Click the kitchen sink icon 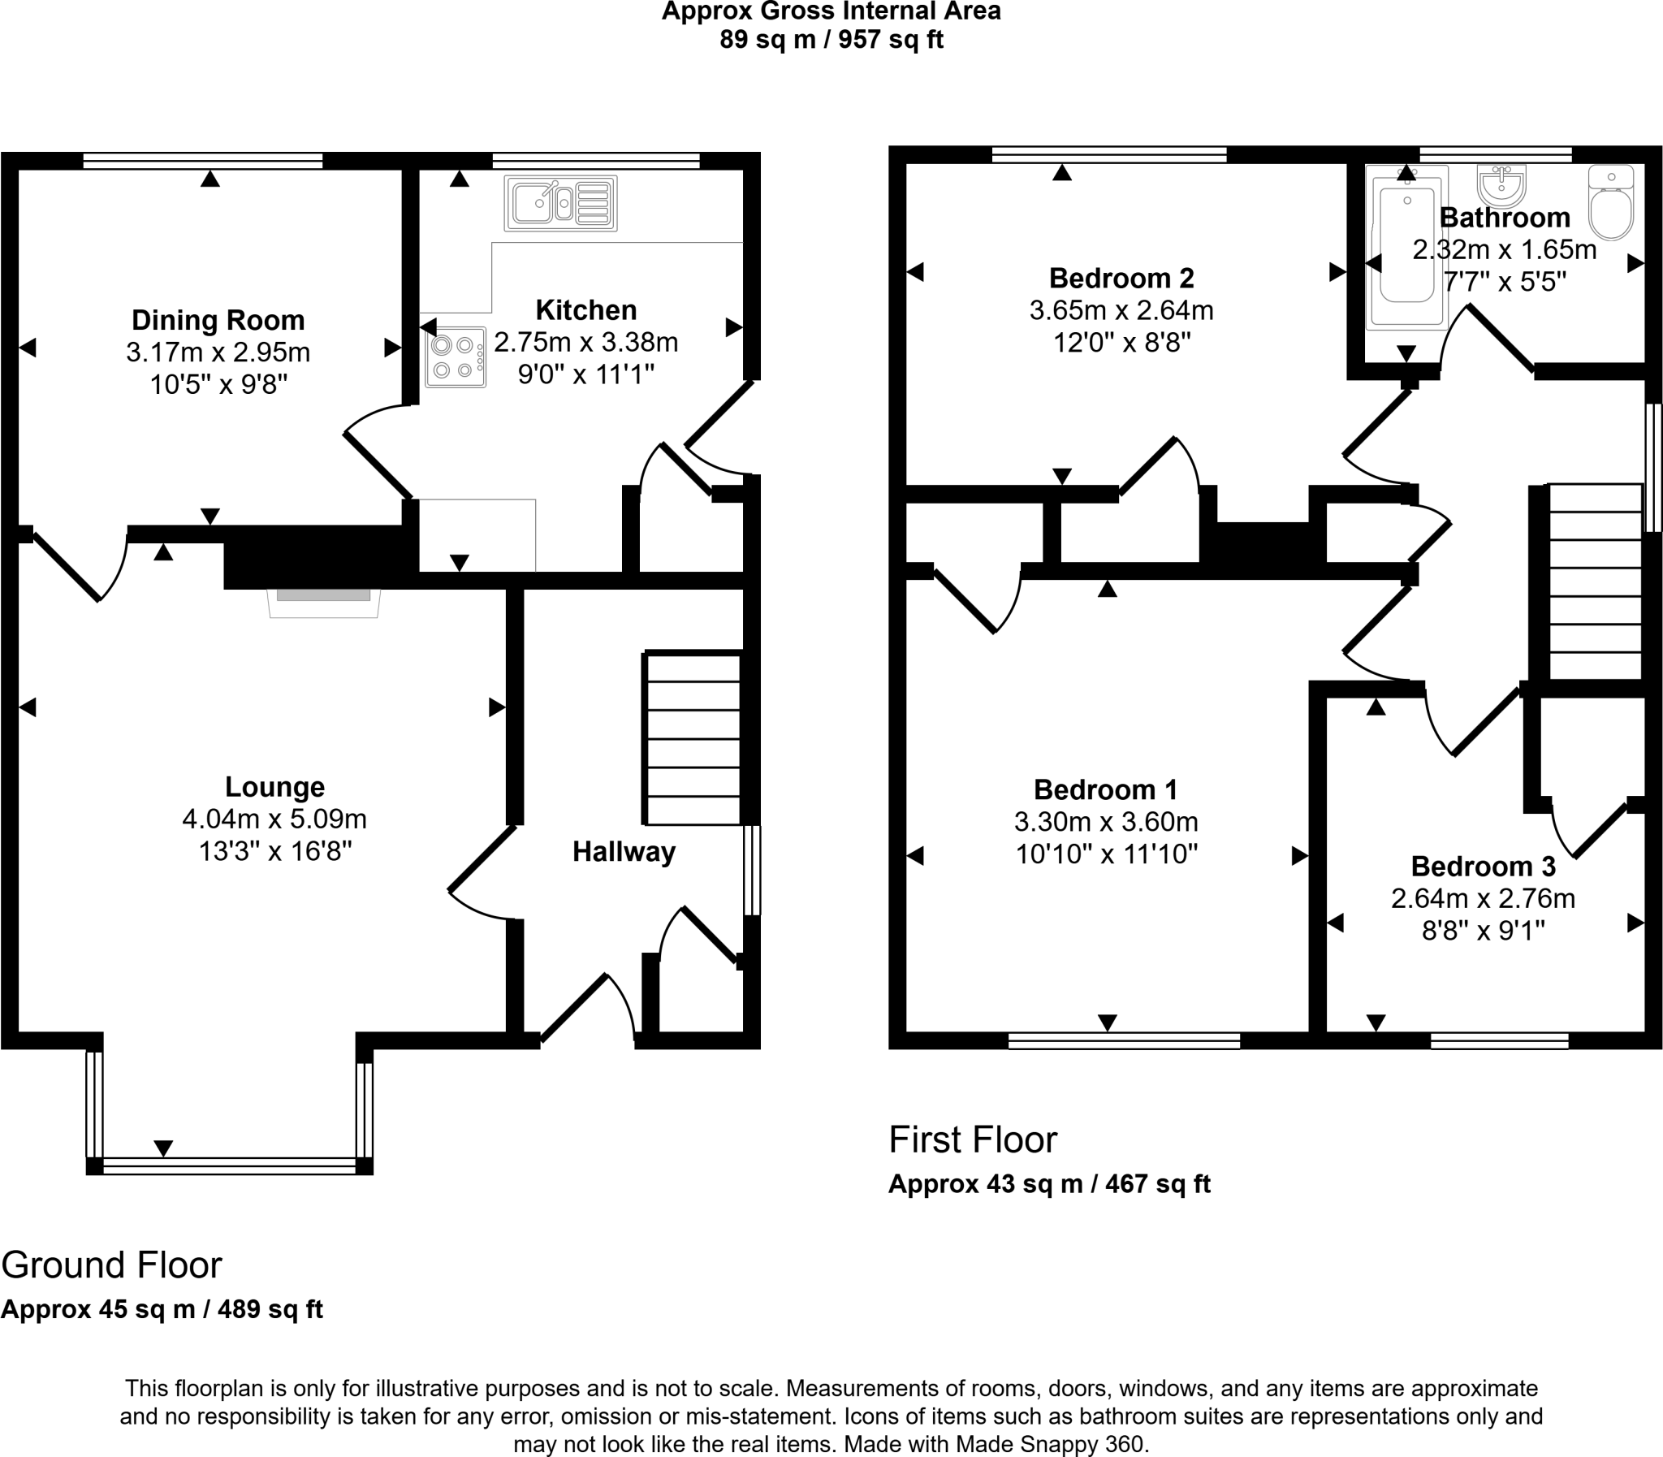[561, 203]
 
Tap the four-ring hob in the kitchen [456, 357]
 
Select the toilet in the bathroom [1610, 203]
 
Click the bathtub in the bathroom [1406, 248]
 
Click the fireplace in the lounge [323, 603]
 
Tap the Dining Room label [218, 320]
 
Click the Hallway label [624, 852]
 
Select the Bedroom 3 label [1483, 867]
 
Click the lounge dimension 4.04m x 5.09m [274, 819]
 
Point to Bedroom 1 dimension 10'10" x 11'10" [1106, 854]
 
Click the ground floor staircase [693, 738]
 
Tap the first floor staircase [1595, 582]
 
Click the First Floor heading [972, 1140]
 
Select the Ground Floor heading [111, 1265]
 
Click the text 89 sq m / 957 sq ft [831, 39]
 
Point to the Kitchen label [585, 310]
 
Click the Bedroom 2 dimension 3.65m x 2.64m [1121, 310]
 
